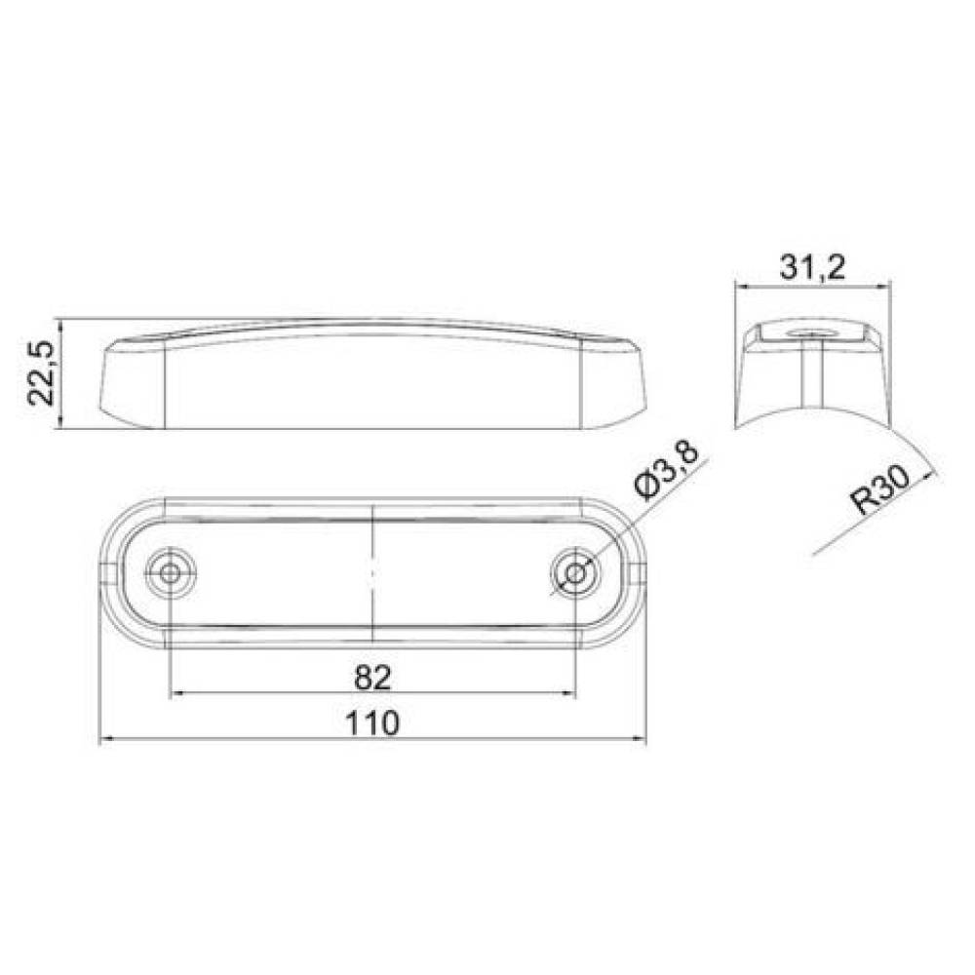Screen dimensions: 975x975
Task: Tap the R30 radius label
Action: [881, 490]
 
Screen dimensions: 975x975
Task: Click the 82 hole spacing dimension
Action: [372, 678]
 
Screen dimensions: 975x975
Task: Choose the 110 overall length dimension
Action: [371, 723]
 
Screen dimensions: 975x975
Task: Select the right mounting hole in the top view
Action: [576, 572]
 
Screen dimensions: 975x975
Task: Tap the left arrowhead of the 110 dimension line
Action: [105, 739]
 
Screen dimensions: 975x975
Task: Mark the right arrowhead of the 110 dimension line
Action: [640, 739]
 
